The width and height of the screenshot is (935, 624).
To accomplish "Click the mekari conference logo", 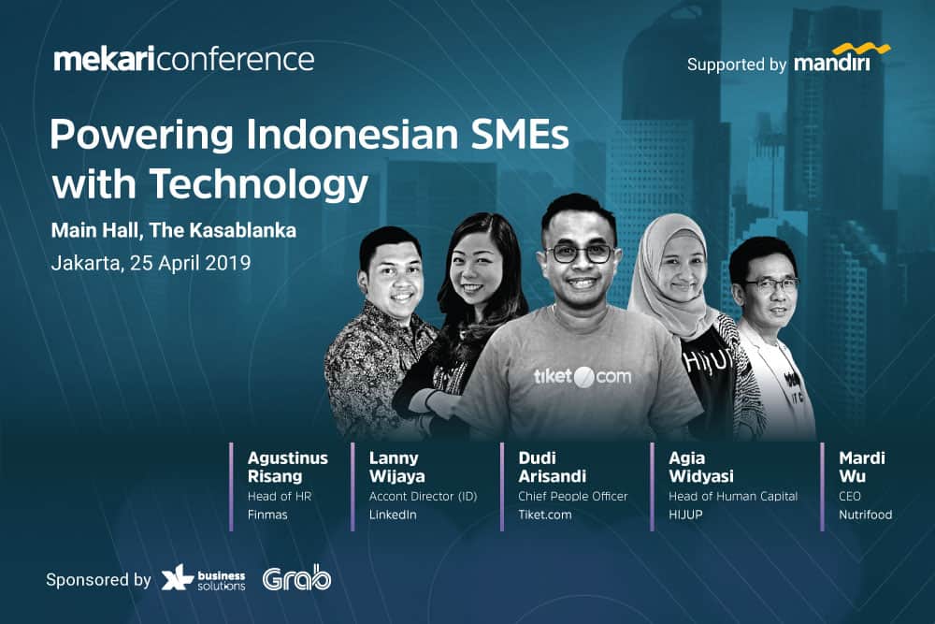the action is click(x=183, y=60).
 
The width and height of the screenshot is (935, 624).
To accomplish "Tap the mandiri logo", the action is click(x=841, y=58).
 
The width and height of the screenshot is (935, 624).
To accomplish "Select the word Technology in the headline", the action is click(x=259, y=184).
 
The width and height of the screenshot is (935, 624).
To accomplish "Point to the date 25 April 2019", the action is click(x=190, y=263).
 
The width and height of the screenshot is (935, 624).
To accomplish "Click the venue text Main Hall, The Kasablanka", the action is click(x=174, y=230).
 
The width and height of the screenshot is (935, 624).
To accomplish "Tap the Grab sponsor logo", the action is click(x=296, y=578).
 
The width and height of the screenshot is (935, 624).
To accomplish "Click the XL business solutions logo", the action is click(x=203, y=580).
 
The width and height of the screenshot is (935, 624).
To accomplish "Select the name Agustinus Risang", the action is click(x=287, y=467).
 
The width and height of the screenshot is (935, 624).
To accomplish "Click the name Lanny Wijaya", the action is click(x=397, y=467).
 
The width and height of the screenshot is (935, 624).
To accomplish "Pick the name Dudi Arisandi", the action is click(x=553, y=467).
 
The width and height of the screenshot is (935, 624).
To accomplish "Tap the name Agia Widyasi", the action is click(x=701, y=467).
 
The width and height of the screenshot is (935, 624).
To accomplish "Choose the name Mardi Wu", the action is click(x=862, y=467).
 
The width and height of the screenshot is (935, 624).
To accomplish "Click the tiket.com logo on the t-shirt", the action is click(x=582, y=376).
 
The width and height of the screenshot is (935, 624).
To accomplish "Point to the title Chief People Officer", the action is click(x=573, y=497).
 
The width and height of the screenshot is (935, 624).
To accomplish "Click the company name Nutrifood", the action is click(x=865, y=515).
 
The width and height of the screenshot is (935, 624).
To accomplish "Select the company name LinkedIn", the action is click(x=393, y=515).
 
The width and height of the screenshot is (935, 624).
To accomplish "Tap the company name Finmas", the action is click(x=267, y=515).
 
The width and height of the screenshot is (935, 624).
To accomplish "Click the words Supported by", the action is click(x=737, y=65).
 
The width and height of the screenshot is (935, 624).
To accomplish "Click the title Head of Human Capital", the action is click(x=733, y=497).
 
